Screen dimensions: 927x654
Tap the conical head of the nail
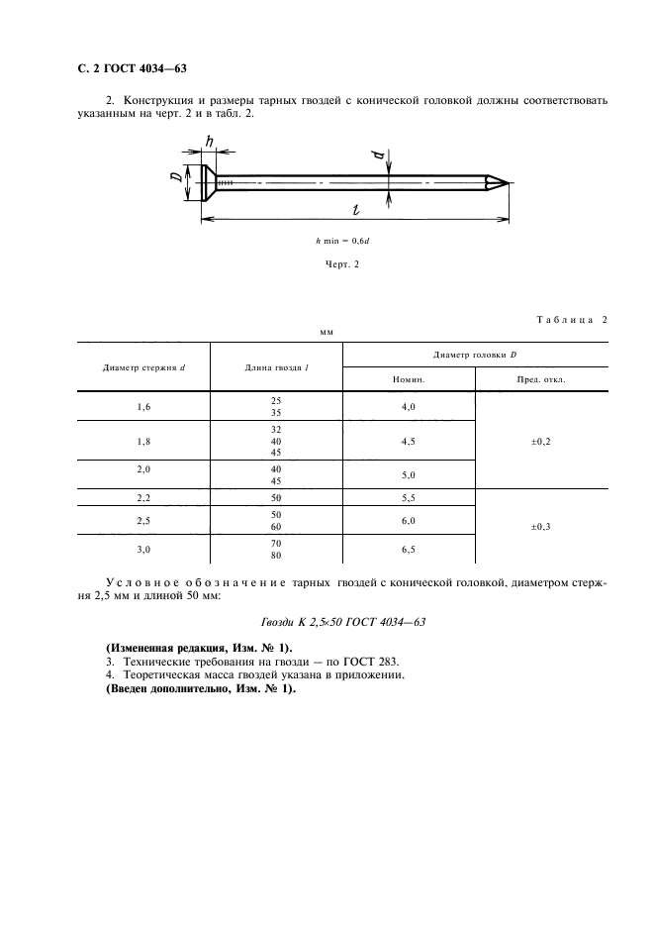(x=207, y=183)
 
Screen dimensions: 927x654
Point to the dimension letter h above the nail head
(x=209, y=141)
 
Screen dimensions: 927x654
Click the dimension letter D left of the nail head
(x=174, y=179)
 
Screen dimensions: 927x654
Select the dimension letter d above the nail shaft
(x=389, y=155)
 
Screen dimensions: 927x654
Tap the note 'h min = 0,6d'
(x=343, y=240)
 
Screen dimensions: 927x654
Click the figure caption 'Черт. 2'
(x=342, y=262)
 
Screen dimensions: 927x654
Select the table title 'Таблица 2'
(x=572, y=320)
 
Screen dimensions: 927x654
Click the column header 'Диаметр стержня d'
(x=144, y=367)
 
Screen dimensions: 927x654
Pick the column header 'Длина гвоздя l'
(x=276, y=367)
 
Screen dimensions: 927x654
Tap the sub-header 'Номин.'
(x=409, y=379)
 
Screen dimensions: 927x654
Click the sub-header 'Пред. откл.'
(x=541, y=379)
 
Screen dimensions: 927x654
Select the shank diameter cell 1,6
(x=144, y=406)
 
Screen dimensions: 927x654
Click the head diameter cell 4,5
(x=409, y=442)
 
